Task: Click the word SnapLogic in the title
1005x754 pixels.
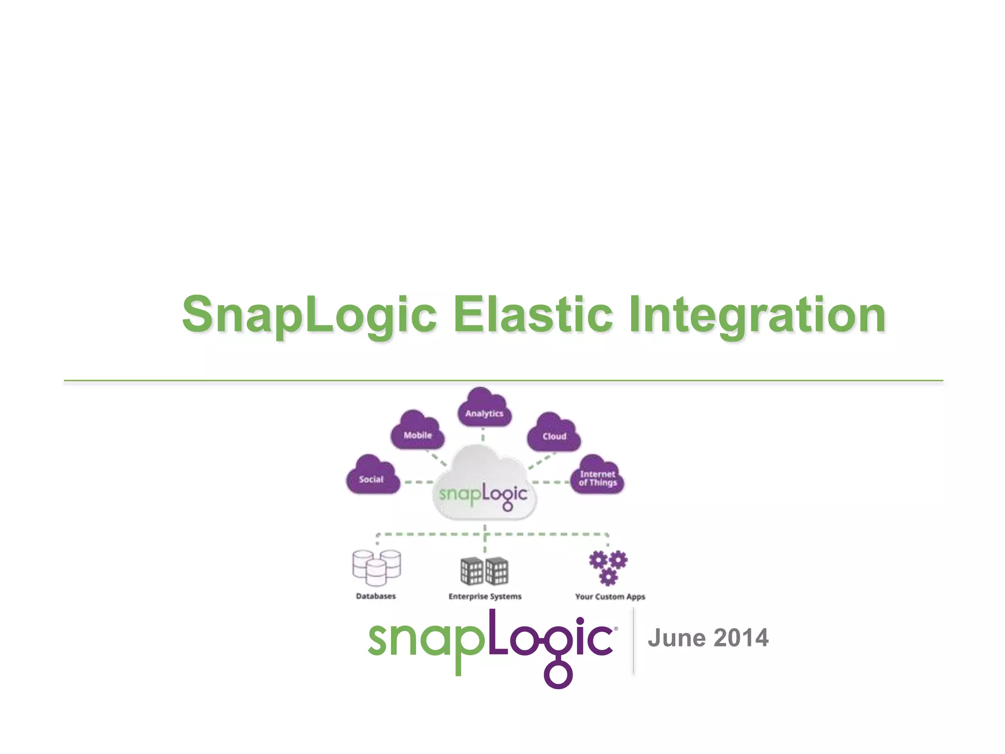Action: (x=309, y=314)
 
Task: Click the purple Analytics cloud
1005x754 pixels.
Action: (x=484, y=410)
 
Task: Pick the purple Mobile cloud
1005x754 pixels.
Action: (x=417, y=432)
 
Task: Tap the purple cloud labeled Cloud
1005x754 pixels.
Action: (x=554, y=433)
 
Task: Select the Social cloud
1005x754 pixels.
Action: (x=372, y=476)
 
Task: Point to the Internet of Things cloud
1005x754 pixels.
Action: (x=597, y=477)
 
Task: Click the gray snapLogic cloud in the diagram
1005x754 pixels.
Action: (x=484, y=486)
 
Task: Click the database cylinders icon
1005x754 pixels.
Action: (x=376, y=567)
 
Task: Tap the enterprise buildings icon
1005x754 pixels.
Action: (x=484, y=571)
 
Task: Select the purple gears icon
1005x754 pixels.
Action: (x=608, y=567)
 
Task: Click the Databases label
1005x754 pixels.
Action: (x=375, y=596)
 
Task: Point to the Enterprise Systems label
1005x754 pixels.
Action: (x=485, y=596)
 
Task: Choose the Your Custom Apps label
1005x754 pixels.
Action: (x=610, y=596)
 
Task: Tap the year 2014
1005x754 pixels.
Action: (x=741, y=638)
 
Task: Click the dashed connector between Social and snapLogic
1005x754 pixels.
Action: (x=418, y=482)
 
